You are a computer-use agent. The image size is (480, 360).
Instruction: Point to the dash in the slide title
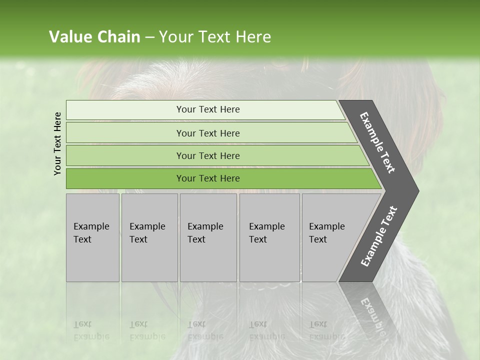pos(149,37)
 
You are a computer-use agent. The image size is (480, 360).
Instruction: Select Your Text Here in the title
pos(215,37)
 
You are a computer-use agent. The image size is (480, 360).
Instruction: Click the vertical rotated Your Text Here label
pos(57,143)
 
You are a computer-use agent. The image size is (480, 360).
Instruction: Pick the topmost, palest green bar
pos(207,109)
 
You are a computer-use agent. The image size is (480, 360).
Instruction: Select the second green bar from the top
pos(207,133)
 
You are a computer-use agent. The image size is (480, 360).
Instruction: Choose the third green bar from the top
pos(207,155)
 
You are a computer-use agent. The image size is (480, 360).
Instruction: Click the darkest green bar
pos(207,178)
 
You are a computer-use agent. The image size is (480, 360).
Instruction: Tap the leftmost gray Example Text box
pos(92,237)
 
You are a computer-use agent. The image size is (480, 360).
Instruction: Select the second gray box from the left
pos(149,237)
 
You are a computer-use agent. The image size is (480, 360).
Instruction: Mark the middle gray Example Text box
pos(208,237)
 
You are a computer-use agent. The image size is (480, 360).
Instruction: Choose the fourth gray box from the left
pos(269,237)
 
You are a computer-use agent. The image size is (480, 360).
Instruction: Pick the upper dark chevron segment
pos(377,142)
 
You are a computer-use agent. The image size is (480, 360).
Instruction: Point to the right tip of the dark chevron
pos(418,190)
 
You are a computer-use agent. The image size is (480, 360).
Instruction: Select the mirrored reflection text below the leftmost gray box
pos(91,330)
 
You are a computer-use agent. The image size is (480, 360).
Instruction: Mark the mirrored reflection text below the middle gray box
pos(205,330)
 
